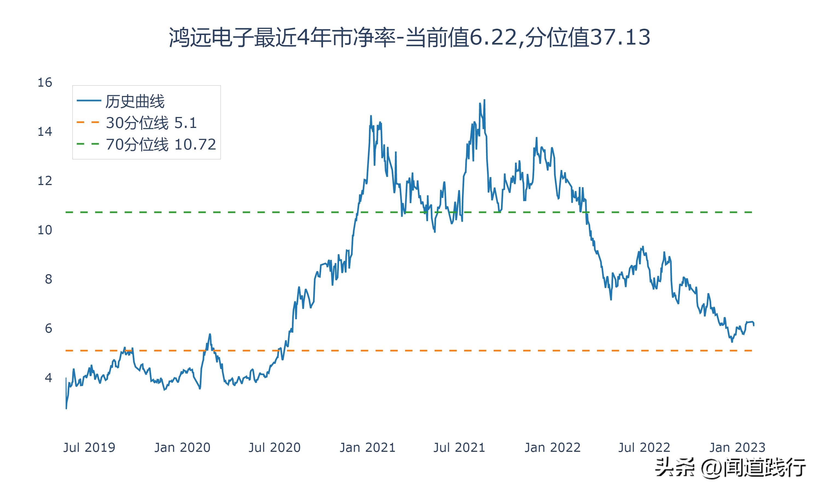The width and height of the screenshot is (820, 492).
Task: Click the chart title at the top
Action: [x=410, y=37]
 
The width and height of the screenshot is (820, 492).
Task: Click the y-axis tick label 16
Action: [x=45, y=83]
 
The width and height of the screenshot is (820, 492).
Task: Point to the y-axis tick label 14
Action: [x=45, y=132]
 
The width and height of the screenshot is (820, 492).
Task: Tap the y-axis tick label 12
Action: [x=45, y=181]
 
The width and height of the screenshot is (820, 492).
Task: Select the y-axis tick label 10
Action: [x=45, y=230]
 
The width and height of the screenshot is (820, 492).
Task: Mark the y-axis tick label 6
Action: [x=48, y=329]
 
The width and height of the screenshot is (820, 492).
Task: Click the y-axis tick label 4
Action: [x=48, y=378]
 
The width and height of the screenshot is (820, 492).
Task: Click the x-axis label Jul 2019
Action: [x=89, y=447]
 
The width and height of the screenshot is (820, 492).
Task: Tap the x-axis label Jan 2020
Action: [x=182, y=447]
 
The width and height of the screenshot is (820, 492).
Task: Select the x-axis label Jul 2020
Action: [x=274, y=447]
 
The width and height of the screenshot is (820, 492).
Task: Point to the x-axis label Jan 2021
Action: [x=368, y=447]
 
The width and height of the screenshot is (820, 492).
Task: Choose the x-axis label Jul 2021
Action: [x=459, y=447]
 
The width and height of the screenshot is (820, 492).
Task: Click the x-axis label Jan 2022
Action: [x=552, y=447]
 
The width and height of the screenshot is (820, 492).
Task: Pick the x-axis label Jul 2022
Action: [x=644, y=447]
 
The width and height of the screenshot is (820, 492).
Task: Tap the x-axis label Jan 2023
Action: [x=737, y=447]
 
